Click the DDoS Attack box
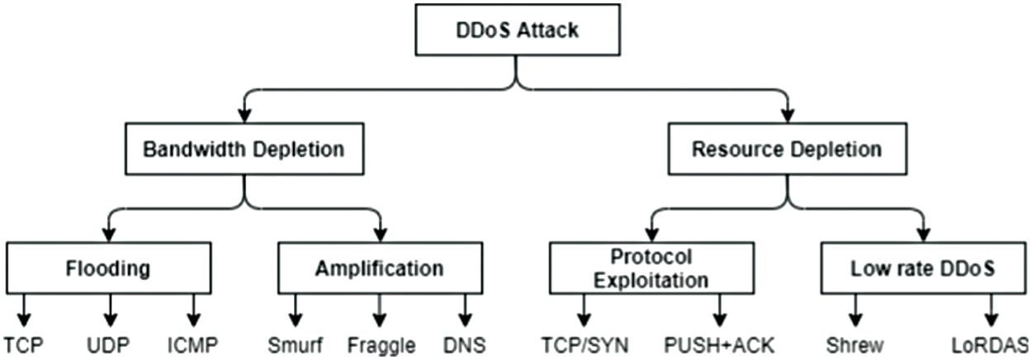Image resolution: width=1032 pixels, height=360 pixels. [518, 31]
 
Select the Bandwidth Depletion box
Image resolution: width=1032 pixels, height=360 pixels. [244, 150]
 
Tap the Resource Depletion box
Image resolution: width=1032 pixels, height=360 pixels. [786, 150]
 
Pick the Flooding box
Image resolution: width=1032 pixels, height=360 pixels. [109, 269]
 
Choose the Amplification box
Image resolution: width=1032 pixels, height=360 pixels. [380, 269]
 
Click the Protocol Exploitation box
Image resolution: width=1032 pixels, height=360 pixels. [651, 268]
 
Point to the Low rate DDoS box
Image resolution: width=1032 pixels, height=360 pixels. [922, 269]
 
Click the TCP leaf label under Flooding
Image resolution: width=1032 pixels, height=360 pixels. [22, 343]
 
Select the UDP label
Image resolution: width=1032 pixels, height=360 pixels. [109, 343]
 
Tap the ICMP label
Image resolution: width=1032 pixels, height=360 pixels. [194, 343]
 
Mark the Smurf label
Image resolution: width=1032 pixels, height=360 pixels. [295, 343]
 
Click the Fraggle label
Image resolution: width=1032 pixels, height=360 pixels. [381, 343]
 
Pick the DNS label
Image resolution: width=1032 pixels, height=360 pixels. [465, 343]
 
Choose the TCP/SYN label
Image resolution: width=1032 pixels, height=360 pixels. [583, 343]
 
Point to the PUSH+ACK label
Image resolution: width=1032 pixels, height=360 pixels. [721, 343]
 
